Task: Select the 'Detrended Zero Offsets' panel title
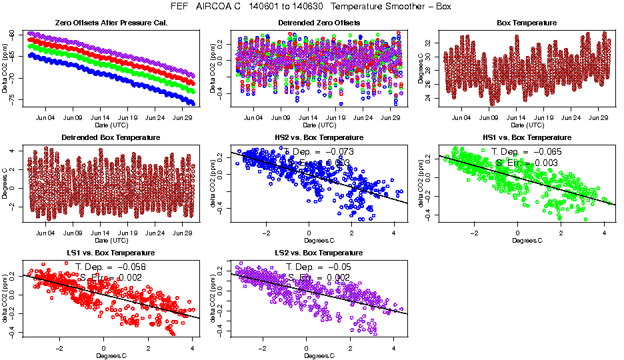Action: point(319,23)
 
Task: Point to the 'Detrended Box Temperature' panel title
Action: point(111,138)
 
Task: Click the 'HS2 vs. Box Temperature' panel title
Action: point(319,138)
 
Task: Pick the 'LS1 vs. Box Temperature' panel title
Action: point(111,253)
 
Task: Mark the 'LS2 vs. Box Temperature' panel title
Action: point(319,253)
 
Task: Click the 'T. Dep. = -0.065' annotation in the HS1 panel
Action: point(526,152)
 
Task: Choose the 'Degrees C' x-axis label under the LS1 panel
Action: point(111,355)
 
